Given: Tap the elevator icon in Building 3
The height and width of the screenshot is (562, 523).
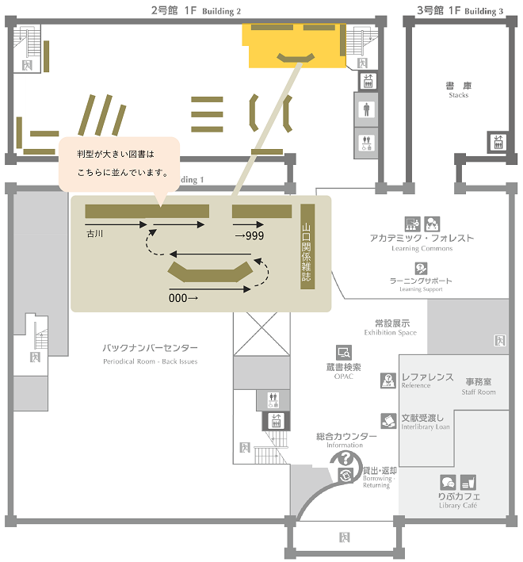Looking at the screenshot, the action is tap(498, 142).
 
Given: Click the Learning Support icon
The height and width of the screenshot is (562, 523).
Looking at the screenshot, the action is tap(421, 268).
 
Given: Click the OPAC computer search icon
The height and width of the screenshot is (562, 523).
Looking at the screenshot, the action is tap(344, 353).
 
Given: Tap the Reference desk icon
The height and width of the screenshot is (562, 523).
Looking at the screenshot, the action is tap(388, 380).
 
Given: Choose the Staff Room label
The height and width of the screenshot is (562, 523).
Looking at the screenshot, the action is tap(479, 386).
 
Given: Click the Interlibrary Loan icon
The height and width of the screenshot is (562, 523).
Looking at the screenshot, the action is tap(388, 420).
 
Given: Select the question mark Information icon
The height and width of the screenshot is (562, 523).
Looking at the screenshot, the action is tap(345, 458).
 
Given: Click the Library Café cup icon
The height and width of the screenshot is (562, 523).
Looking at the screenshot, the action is tap(468, 482).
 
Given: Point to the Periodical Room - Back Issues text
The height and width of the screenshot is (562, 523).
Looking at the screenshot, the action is tap(150, 361).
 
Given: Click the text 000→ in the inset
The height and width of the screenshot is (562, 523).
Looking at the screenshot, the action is tap(183, 298).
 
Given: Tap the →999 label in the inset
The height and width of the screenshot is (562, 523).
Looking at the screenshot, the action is tap(250, 235).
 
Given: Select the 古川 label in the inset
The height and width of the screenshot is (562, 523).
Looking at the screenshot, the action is tap(94, 234).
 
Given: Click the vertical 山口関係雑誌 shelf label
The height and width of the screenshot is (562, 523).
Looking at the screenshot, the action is tap(307, 247).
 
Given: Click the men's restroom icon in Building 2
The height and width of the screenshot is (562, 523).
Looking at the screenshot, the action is tap(366, 109).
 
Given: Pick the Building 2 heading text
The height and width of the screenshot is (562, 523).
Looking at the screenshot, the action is tap(196, 10).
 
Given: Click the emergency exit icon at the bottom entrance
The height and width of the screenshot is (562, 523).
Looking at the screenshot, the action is tap(344, 537).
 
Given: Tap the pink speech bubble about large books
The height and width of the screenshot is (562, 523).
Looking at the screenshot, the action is tap(120, 165).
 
